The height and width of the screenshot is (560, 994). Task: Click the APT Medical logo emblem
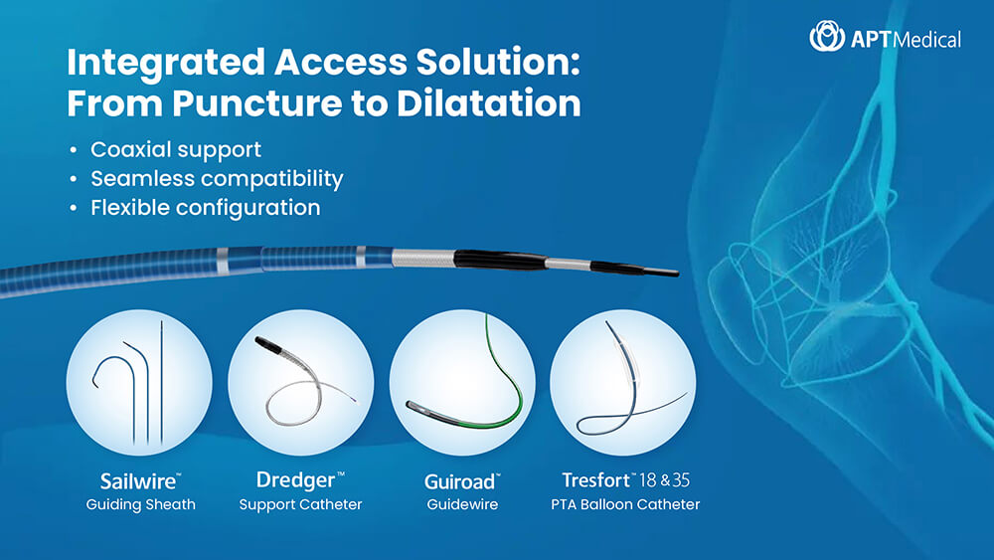click(x=827, y=36)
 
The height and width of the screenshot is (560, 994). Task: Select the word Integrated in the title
click(x=166, y=63)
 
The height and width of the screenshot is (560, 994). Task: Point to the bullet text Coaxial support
click(x=176, y=149)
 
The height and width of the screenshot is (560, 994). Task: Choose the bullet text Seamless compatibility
click(x=217, y=179)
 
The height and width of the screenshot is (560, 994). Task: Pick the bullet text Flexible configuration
click(x=206, y=208)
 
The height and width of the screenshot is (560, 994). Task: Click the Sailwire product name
click(x=139, y=481)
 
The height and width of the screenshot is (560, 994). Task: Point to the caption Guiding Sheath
click(x=141, y=505)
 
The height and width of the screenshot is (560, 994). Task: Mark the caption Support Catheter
click(x=300, y=505)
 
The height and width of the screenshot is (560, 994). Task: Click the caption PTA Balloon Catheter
click(x=625, y=505)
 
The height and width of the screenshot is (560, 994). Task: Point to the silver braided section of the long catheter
click(x=423, y=259)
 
